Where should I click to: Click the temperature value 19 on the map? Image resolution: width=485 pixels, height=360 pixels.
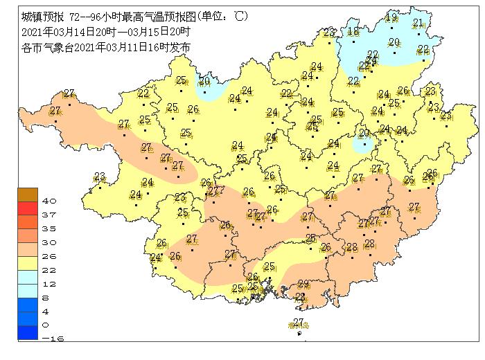tap(391, 18)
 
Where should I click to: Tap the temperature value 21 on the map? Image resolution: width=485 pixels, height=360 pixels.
tap(418, 23)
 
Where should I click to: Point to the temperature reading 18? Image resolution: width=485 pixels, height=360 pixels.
tap(353, 31)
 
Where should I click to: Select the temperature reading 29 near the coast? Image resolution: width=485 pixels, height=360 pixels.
tap(303, 284)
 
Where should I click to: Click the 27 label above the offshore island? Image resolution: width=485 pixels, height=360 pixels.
tap(299, 322)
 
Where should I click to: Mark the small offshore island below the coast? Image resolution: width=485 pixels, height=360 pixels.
tap(300, 334)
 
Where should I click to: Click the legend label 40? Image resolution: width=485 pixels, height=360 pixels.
tap(48, 201)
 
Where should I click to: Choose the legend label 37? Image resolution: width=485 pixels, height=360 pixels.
tap(48, 215)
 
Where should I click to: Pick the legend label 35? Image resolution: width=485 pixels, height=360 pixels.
tap(48, 228)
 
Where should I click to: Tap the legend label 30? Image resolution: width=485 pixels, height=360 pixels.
tap(48, 242)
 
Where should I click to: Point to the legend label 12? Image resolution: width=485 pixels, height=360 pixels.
tap(48, 284)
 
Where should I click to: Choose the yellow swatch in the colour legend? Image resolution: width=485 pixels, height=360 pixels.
tap(28, 263)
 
